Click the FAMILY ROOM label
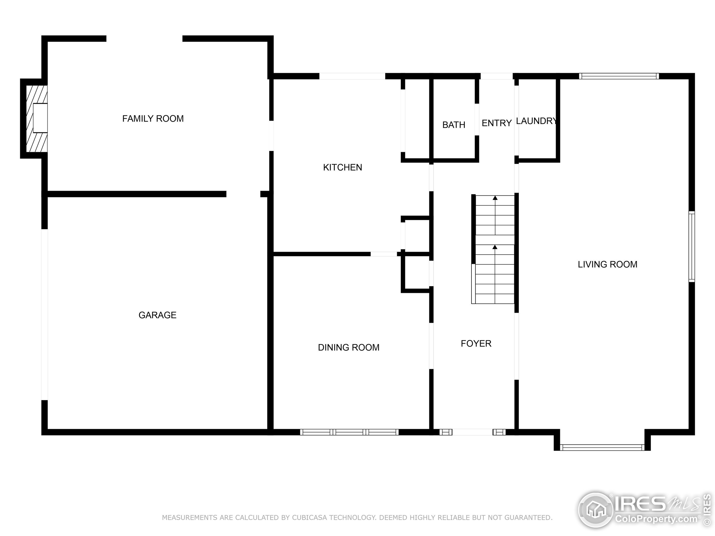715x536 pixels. click(153, 119)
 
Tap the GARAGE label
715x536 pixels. click(158, 315)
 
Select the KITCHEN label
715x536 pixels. click(342, 167)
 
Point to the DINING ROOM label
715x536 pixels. click(349, 347)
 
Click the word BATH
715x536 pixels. click(454, 125)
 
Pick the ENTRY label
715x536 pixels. click(497, 123)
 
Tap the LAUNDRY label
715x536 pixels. click(536, 121)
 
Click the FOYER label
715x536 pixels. click(476, 343)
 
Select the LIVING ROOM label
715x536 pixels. click(607, 264)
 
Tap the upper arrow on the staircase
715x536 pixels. click(495, 198)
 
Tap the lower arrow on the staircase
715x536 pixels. click(495, 247)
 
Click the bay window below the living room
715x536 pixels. click(602, 448)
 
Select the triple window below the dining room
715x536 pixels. click(349, 432)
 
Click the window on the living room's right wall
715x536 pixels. click(692, 247)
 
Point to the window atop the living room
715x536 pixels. click(619, 76)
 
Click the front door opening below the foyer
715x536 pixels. click(472, 432)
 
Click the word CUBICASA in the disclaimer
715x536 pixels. click(310, 518)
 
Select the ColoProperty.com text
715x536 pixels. click(656, 519)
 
